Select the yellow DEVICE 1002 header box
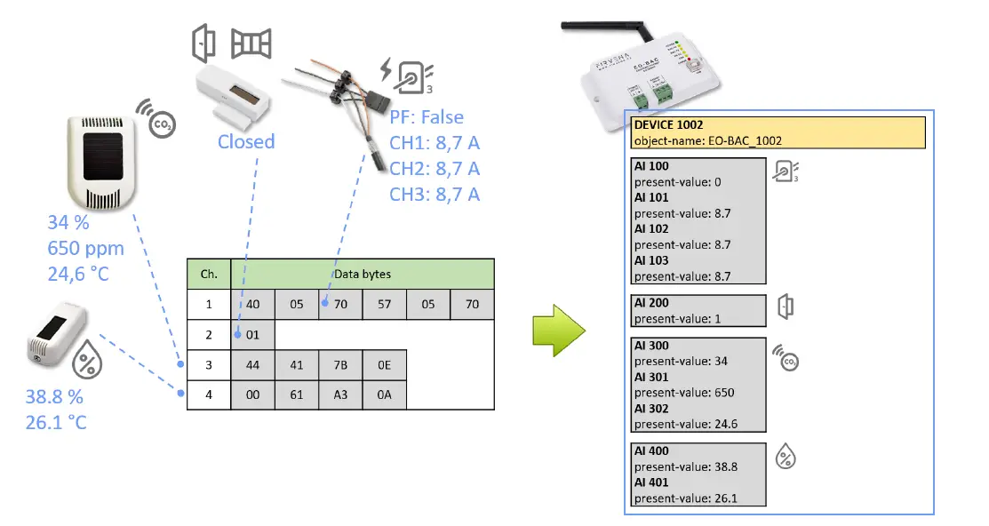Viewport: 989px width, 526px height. coord(778,133)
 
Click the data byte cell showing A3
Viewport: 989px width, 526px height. coord(340,394)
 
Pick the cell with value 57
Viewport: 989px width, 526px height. coord(384,304)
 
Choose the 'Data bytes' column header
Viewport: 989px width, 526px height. coord(362,274)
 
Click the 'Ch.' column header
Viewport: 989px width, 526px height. coord(209,274)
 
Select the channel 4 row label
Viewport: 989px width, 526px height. coord(209,394)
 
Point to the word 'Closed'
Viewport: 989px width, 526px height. coord(246,142)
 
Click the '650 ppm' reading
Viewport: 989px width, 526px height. coord(85,248)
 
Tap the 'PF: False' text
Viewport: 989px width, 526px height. coord(427,117)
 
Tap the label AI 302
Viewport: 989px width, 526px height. coord(652,409)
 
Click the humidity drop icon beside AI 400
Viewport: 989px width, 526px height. coord(786,457)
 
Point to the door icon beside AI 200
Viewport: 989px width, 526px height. coord(785,307)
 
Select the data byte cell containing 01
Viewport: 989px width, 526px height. coord(252,334)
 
